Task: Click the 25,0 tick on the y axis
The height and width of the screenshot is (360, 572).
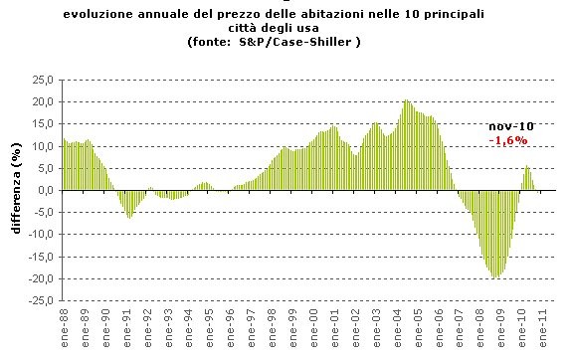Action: pos(42,80)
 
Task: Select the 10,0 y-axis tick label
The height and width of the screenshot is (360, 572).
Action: pos(42,146)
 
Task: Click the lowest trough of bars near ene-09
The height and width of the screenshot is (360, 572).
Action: pos(494,277)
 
